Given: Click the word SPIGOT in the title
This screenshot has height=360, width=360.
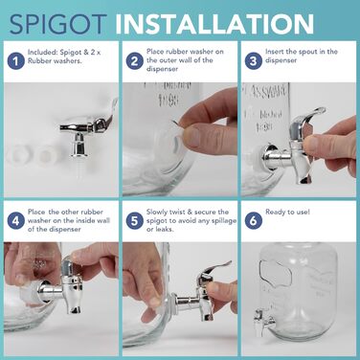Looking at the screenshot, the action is tap(57, 24).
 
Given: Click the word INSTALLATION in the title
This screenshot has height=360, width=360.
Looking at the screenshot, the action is tap(214, 24).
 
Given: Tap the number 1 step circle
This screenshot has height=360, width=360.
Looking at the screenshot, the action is tap(15, 60).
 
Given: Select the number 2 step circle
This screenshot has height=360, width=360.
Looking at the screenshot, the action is tap(134, 60).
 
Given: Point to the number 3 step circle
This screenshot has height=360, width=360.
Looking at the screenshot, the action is tap(253, 60).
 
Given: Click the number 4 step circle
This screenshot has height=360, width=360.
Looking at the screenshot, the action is tap(15, 220).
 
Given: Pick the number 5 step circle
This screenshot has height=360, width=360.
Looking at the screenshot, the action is tap(134, 220).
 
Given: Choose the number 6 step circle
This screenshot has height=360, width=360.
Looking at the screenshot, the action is tap(253, 220).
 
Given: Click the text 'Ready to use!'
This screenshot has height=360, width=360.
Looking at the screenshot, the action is tap(287, 212).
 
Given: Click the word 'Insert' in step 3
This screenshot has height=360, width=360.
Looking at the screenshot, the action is tap(274, 52).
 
